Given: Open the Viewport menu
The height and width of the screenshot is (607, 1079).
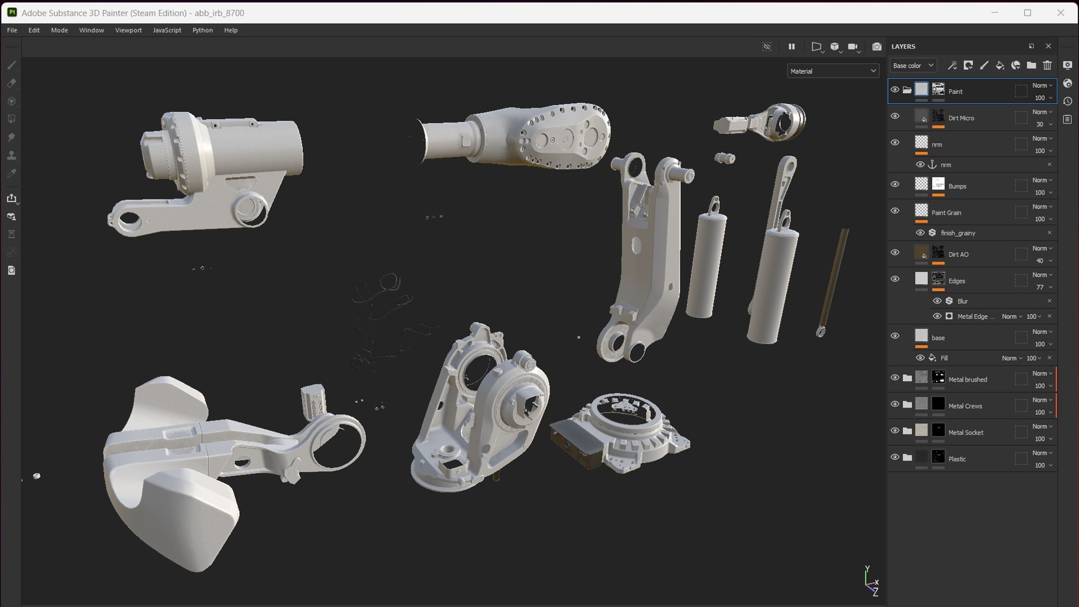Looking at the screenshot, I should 128,30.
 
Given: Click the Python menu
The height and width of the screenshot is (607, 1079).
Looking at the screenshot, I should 203,30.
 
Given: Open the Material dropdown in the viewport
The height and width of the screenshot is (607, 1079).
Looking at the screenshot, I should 832,71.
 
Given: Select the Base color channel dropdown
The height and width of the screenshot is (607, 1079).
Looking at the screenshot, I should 912,66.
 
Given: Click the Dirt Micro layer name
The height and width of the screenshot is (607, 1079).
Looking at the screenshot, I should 961,118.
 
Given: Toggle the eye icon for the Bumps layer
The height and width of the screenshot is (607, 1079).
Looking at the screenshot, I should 895,184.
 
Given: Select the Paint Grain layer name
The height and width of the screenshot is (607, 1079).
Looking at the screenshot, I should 946,212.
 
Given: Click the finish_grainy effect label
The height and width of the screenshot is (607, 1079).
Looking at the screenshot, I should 957,233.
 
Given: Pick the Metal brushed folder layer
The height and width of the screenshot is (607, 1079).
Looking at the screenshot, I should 968,379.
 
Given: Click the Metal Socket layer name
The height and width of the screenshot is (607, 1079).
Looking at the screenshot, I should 966,432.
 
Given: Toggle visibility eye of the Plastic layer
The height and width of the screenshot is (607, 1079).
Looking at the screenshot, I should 895,457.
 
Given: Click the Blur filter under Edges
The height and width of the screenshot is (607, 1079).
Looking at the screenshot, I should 963,301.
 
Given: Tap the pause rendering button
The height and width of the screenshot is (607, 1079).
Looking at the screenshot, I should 792,47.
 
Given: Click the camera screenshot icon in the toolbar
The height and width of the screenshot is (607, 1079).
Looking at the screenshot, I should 876,47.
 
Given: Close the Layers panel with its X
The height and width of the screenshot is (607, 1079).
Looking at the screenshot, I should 1048,46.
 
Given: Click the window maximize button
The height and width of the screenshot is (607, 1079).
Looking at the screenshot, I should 1027,12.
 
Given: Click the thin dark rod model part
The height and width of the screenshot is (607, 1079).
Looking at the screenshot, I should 833,281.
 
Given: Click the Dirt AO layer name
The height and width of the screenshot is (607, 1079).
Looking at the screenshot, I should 958,255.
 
